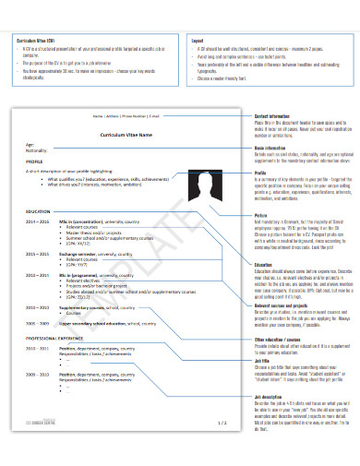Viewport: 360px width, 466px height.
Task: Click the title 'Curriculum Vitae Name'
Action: (x=126, y=135)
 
